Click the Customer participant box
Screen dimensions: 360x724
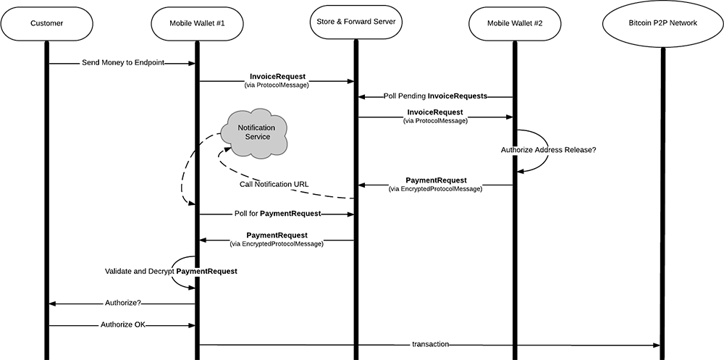coord(47,23)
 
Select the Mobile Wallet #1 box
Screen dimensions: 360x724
coord(196,23)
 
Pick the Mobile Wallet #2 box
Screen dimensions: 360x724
coord(514,23)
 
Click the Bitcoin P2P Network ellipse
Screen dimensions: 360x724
coord(662,23)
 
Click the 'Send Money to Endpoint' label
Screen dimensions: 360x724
coord(122,64)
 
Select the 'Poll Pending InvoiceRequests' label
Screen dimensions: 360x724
coord(434,96)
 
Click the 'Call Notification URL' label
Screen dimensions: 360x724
coord(274,184)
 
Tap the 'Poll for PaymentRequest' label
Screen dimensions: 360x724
coord(277,214)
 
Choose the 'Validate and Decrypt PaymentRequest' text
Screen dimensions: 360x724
coord(171,271)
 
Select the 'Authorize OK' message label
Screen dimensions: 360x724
coord(122,325)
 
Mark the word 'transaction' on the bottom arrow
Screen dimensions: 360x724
coord(430,344)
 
